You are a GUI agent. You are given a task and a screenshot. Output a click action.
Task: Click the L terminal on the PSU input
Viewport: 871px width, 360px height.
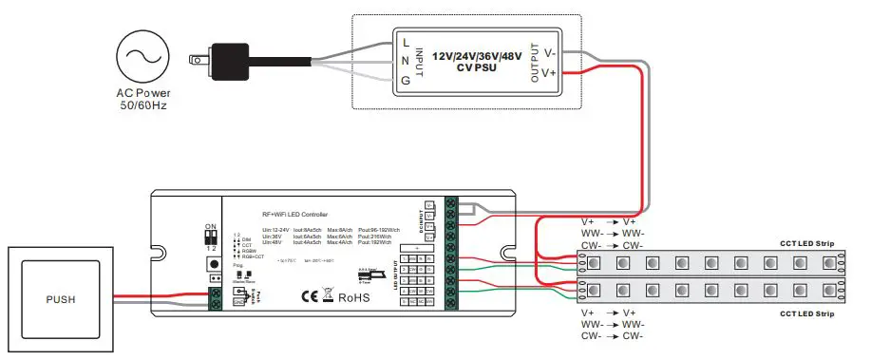(x=407, y=43)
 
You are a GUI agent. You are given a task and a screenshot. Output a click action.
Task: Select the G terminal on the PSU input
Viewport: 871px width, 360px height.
(x=407, y=81)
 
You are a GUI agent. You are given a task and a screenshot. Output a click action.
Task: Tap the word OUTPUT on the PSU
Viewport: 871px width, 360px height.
(x=534, y=62)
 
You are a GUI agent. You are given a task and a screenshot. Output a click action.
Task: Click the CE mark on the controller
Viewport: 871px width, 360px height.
(x=311, y=295)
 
